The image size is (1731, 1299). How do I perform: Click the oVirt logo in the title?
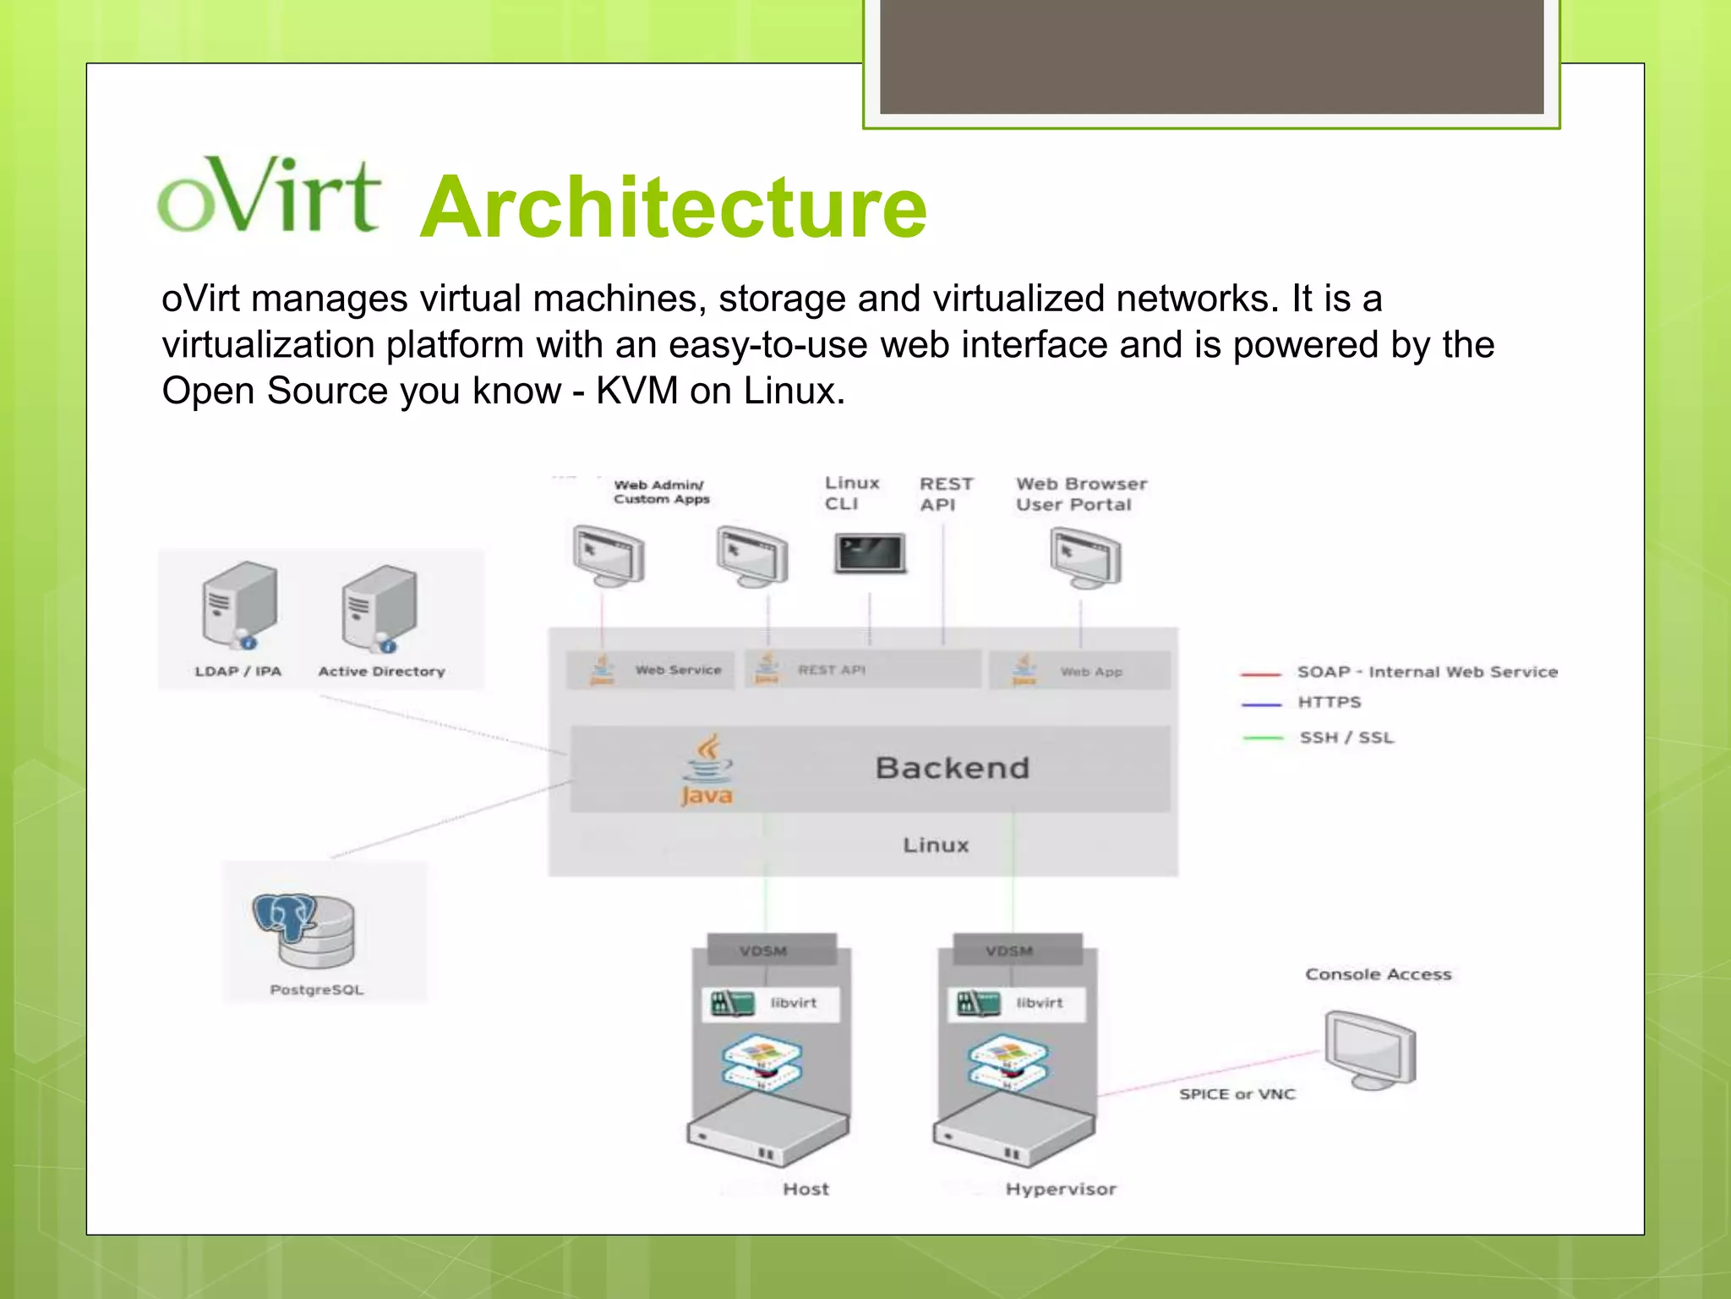point(269,196)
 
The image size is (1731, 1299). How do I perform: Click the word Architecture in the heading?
point(673,208)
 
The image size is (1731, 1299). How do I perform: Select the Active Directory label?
point(381,671)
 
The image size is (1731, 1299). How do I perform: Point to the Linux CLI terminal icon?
point(870,553)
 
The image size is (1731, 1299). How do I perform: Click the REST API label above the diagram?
point(946,494)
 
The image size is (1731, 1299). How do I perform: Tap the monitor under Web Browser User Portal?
point(1085,557)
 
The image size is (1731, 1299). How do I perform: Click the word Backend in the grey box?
point(953,768)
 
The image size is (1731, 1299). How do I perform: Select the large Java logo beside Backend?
point(707,770)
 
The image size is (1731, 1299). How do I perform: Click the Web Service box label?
point(678,670)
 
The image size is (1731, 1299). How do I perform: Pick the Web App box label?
point(1091,671)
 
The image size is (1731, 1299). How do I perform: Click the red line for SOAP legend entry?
point(1260,674)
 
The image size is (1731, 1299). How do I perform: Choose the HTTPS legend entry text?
point(1330,702)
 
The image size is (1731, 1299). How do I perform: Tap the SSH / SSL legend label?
point(1346,737)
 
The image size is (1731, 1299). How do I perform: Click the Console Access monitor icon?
point(1369,1049)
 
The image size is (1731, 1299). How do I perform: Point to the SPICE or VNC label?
point(1237,1094)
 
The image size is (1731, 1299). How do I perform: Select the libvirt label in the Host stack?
point(793,1003)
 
